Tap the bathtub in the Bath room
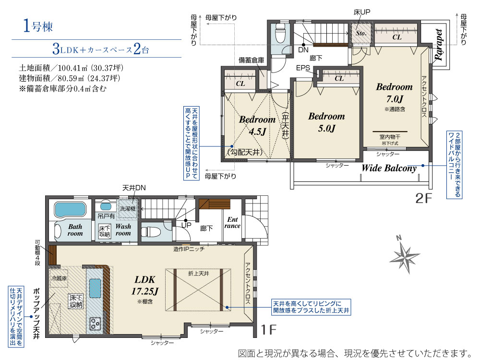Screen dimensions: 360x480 point(70,209)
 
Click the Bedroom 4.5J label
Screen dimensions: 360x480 point(257,125)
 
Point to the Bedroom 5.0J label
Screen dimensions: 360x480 point(326,122)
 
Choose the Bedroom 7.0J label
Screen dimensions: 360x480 point(394,93)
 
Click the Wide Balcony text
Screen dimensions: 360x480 point(389,168)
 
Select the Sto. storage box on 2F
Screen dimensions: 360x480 point(361,34)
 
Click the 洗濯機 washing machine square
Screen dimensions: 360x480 point(128,209)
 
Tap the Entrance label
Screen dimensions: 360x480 point(232,222)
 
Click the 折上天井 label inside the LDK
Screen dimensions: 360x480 point(198,273)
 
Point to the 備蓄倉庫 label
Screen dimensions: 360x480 point(252,60)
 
